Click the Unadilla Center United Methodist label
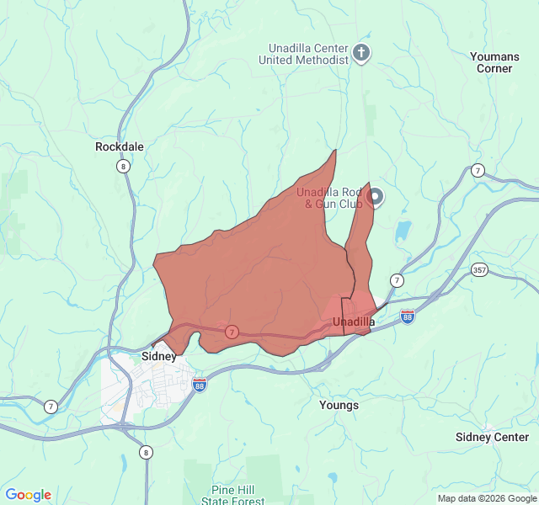pos(308,54)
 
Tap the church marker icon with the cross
pos(361,54)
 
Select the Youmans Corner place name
pos(494,62)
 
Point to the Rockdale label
pos(120,146)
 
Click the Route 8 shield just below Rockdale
pos(124,166)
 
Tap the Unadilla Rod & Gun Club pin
pos(376,198)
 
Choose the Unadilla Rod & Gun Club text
pos(328,198)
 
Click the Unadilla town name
pos(354,322)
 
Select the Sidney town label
pos(159,356)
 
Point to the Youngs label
pos(339,405)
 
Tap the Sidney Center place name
pos(492,437)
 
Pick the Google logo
pos(28,495)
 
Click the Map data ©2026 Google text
pos(486,498)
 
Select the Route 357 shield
pos(479,269)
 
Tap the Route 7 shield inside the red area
pos(231,332)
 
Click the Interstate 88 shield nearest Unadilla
pos(408,316)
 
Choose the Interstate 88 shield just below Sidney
pos(200,385)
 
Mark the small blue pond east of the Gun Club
pos(403,231)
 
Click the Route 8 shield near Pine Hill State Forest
pos(147,452)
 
